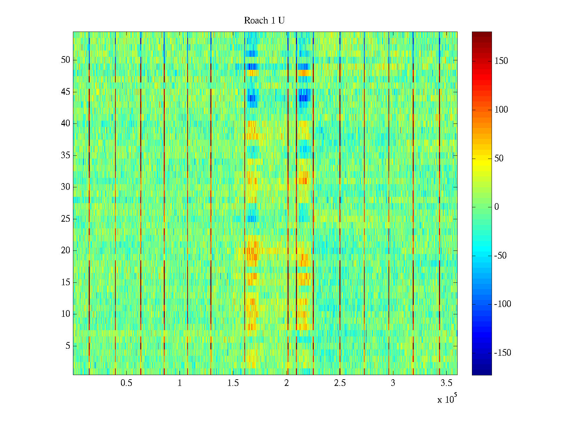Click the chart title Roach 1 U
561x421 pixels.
[264, 21]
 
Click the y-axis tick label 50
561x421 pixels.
[66, 60]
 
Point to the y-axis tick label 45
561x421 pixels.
[66, 92]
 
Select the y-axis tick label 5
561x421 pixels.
[68, 346]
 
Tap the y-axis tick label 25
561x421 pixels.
[66, 219]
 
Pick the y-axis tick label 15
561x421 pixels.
[66, 282]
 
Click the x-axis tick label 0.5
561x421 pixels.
[126, 383]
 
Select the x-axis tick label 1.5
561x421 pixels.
[233, 383]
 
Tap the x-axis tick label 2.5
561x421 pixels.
[340, 383]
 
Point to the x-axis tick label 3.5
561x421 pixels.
[446, 383]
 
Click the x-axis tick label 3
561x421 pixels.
[393, 383]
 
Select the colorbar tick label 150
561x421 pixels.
[501, 61]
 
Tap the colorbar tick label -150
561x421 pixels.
[502, 353]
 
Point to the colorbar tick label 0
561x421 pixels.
[496, 207]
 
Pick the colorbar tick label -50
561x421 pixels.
[500, 256]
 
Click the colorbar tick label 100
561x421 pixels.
[501, 110]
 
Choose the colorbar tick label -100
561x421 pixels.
[502, 304]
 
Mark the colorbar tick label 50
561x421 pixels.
[499, 159]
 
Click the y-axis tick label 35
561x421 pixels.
[66, 155]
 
